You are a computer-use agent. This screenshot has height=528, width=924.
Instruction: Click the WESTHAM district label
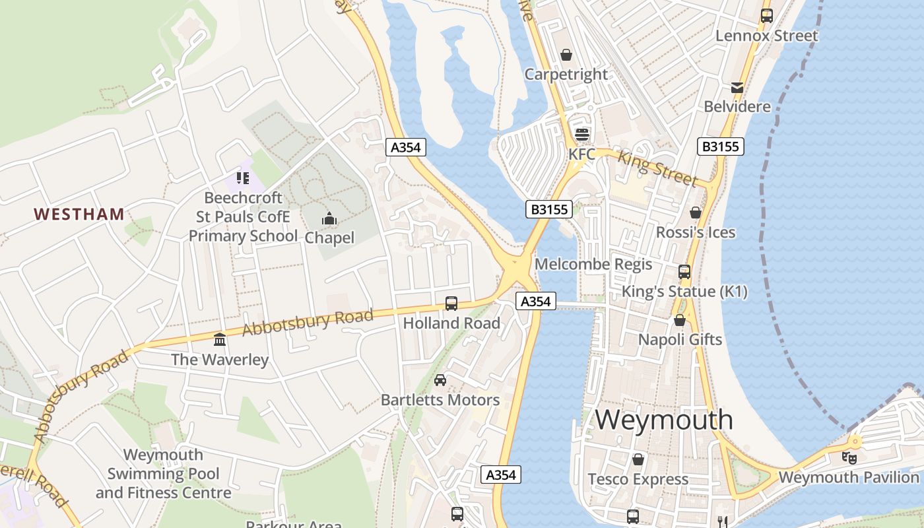[79, 214]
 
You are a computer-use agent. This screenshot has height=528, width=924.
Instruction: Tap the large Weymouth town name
[664, 420]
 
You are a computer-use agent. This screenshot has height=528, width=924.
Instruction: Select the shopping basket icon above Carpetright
[566, 55]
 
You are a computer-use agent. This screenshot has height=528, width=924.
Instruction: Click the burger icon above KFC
[581, 135]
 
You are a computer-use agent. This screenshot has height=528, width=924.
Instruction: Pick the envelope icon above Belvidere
[737, 87]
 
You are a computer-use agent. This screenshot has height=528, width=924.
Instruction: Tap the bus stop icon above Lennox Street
[766, 16]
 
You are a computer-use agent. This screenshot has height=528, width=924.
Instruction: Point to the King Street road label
[657, 167]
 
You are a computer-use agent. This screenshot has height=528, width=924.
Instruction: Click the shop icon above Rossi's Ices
[695, 213]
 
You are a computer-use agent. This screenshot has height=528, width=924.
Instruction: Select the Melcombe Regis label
[593, 264]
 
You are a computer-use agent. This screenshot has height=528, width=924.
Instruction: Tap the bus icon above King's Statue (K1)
[684, 271]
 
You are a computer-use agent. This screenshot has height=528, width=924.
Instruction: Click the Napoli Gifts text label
[680, 339]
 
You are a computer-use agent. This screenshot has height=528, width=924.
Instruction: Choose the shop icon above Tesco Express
[638, 459]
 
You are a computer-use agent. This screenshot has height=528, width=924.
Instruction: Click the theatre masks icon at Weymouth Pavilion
[849, 457]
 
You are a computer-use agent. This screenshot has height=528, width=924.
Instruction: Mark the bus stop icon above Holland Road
[451, 304]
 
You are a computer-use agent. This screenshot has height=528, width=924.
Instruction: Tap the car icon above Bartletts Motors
[440, 380]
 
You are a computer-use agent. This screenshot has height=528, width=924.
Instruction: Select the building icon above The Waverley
[220, 339]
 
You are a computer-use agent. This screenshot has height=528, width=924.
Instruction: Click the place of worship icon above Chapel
[329, 218]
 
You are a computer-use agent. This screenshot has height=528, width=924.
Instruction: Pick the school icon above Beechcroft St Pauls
[243, 178]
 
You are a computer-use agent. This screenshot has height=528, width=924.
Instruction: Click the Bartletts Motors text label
[440, 399]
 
